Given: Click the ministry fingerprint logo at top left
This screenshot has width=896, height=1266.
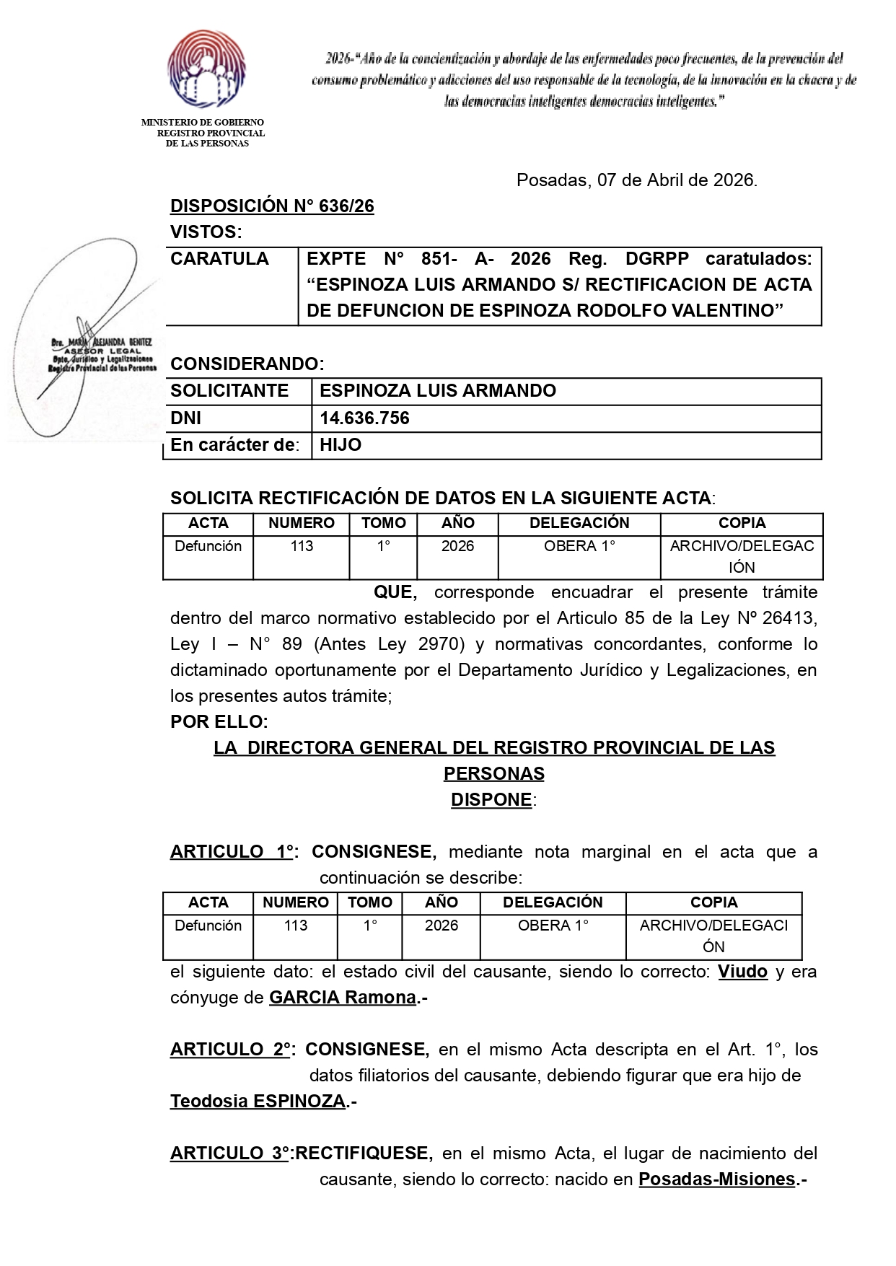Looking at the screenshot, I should [206, 69].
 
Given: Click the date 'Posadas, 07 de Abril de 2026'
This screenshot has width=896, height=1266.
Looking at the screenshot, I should [636, 180].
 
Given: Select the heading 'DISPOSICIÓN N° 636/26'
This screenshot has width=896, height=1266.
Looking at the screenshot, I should [272, 206].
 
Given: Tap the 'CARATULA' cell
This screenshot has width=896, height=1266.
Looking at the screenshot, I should [220, 259].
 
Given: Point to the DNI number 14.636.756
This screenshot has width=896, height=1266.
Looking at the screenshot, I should [364, 418].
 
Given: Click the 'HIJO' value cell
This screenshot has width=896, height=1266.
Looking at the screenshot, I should [341, 445].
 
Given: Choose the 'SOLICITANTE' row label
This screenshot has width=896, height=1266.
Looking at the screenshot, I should [229, 391].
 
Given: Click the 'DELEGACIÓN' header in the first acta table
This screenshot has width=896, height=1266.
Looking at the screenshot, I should [579, 523].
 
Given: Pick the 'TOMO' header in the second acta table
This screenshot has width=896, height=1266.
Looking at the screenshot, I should [370, 902].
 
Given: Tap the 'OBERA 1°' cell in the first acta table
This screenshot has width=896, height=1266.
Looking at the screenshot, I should [579, 546].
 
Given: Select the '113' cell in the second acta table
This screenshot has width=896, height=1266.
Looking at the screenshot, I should [296, 926].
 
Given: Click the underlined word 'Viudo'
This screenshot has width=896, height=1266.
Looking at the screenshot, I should [742, 972].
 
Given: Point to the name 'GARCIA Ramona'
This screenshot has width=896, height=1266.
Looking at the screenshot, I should [343, 998].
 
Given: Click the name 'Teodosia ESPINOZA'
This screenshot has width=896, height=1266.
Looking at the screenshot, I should [258, 1102].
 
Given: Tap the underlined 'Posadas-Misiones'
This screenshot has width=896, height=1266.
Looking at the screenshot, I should [716, 1179].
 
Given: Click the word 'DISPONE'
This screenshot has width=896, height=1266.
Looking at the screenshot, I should [491, 800].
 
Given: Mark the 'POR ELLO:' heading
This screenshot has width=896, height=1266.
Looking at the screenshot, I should [219, 722].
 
